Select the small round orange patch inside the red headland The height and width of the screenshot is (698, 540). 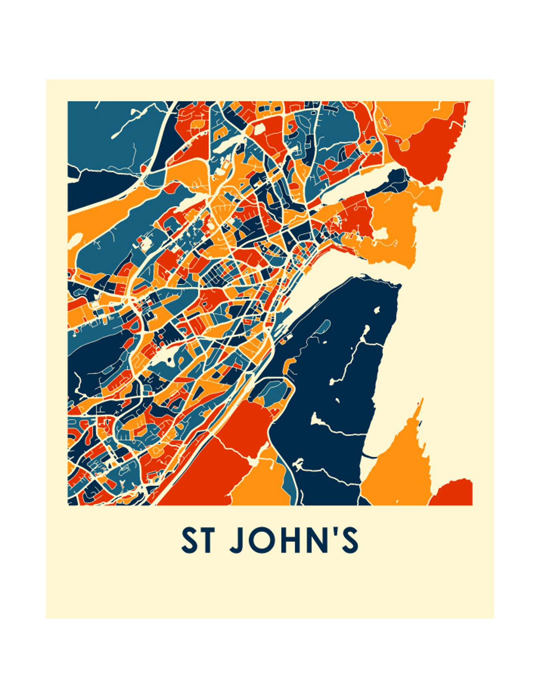coord(404,145)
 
